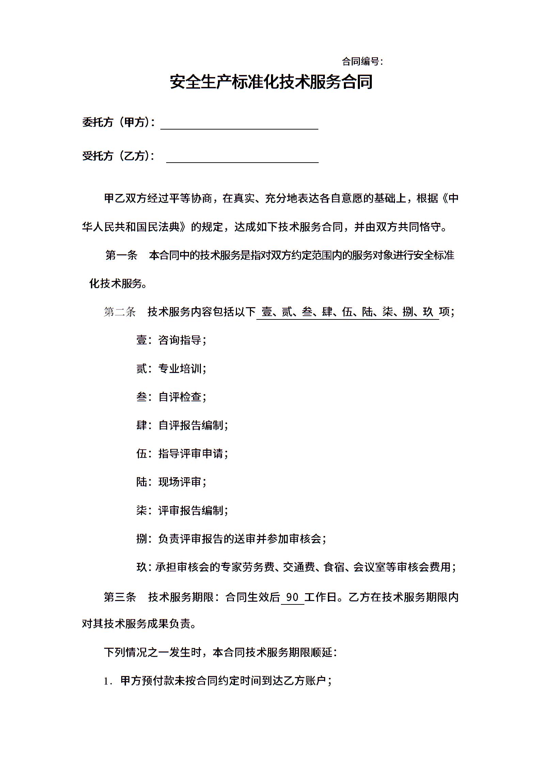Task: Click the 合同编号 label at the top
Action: point(362,62)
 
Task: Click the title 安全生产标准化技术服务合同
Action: point(271,82)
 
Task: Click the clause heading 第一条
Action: point(121,255)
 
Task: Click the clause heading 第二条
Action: point(120,312)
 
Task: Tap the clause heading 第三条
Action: point(120,597)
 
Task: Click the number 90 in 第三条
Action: point(292,597)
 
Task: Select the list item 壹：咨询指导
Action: point(171,340)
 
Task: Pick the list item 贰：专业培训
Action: point(171,368)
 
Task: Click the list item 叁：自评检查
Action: point(171,397)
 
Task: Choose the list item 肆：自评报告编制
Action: point(182,425)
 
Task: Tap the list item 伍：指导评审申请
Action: point(182,453)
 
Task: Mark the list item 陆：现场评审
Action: point(171,482)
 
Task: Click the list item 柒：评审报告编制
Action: point(182,510)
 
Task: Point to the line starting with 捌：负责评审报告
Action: point(232,539)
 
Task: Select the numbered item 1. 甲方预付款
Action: point(218,681)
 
